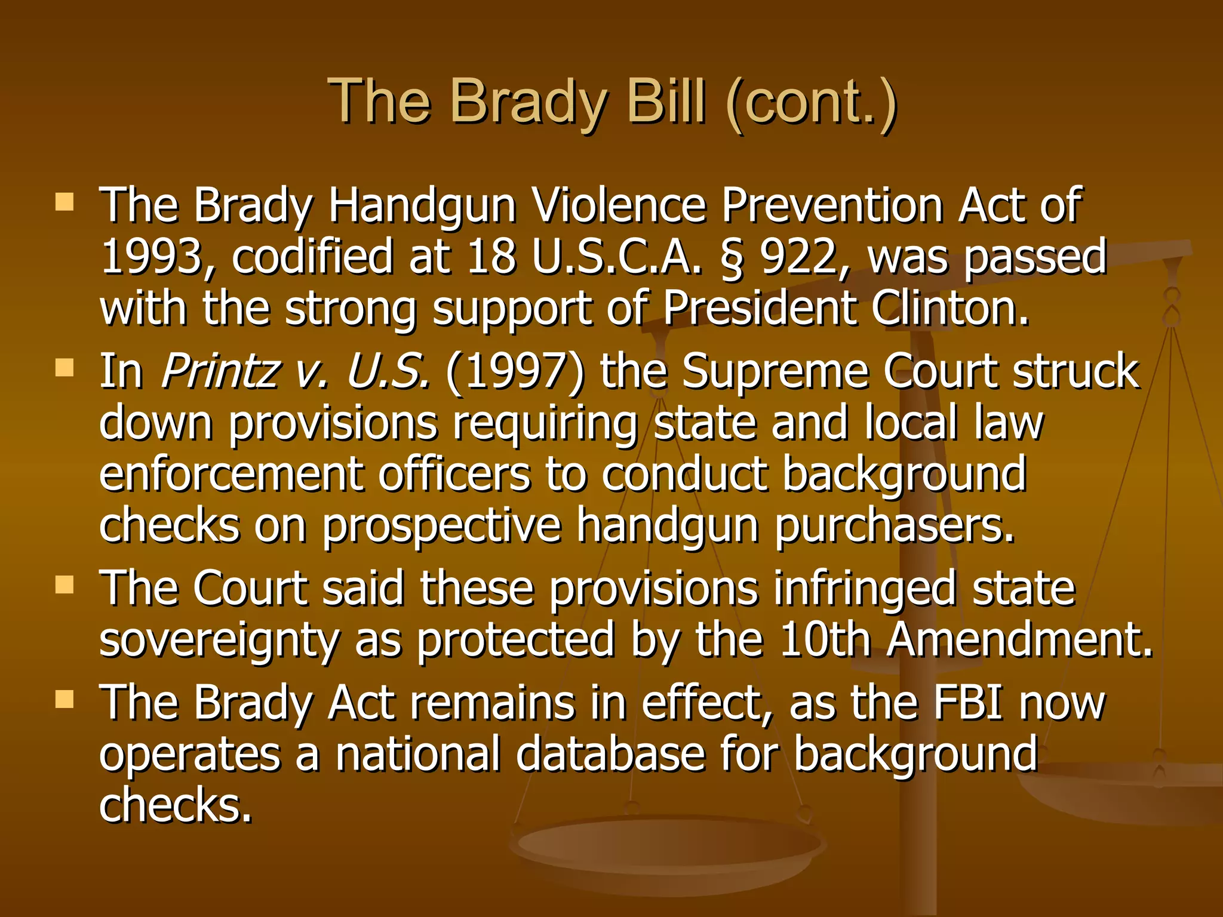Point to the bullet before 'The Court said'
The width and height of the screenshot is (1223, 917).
pyautogui.click(x=64, y=584)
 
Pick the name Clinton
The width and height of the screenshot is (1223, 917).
pyautogui.click(x=949, y=309)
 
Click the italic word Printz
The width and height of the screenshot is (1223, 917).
pyautogui.click(x=220, y=371)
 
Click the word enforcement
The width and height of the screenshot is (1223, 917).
pyautogui.click(x=231, y=474)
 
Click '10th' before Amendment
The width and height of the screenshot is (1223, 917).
pyautogui.click(x=825, y=639)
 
